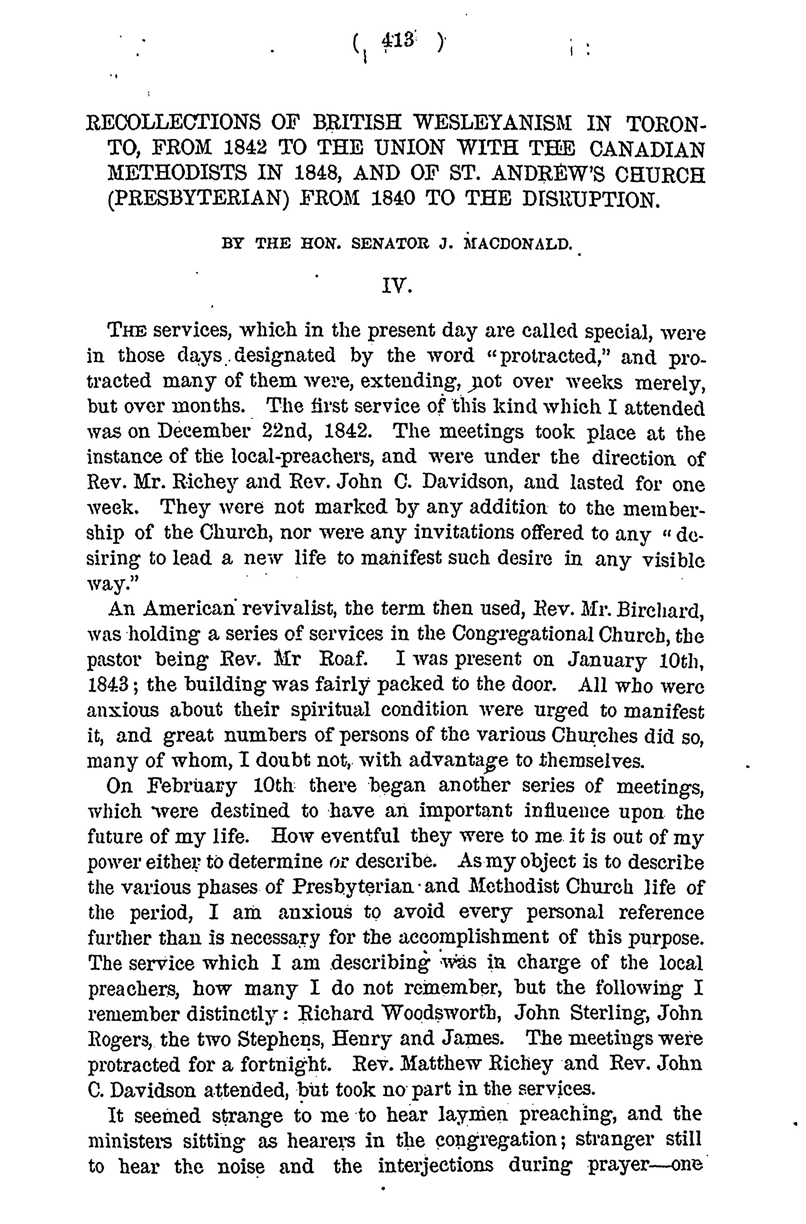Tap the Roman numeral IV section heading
(396, 286)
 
